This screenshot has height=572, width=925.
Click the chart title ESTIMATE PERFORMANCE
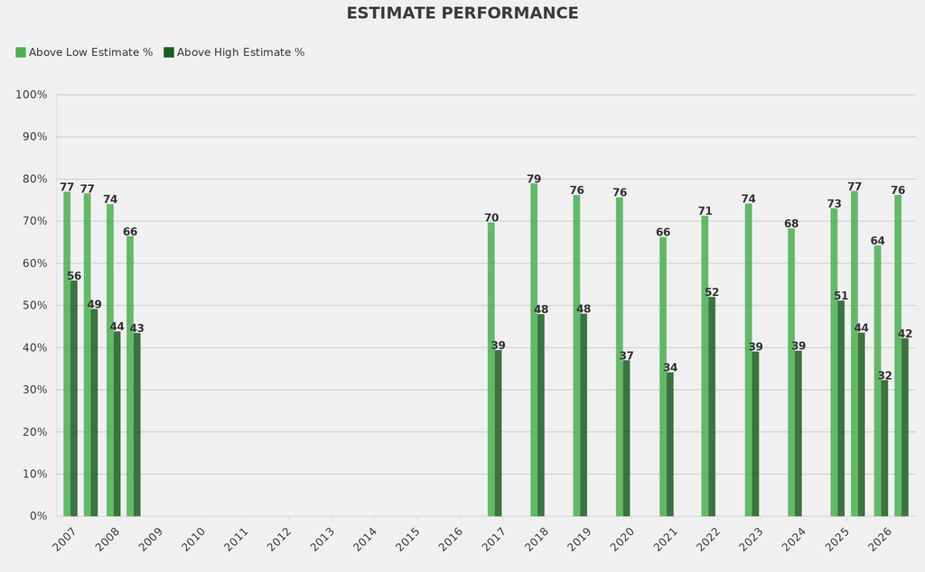pyautogui.click(x=462, y=14)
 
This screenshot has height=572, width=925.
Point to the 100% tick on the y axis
pyautogui.click(x=32, y=95)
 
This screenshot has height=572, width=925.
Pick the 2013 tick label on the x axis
pyautogui.click(x=322, y=540)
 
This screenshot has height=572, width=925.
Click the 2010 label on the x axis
pyautogui.click(x=194, y=540)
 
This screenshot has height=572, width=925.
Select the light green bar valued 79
pyautogui.click(x=534, y=350)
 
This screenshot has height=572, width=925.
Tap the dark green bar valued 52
pyautogui.click(x=712, y=407)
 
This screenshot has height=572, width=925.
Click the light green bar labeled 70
pyautogui.click(x=491, y=369)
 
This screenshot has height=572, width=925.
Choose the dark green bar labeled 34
pyautogui.click(x=669, y=445)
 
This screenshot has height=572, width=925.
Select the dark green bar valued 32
pyautogui.click(x=884, y=448)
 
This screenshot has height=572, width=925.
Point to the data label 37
pyautogui.click(x=627, y=355)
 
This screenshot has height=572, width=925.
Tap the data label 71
pyautogui.click(x=705, y=211)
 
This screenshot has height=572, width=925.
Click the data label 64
pyautogui.click(x=878, y=241)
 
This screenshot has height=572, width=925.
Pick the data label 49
pyautogui.click(x=95, y=304)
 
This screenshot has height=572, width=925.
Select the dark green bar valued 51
pyautogui.click(x=841, y=409)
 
